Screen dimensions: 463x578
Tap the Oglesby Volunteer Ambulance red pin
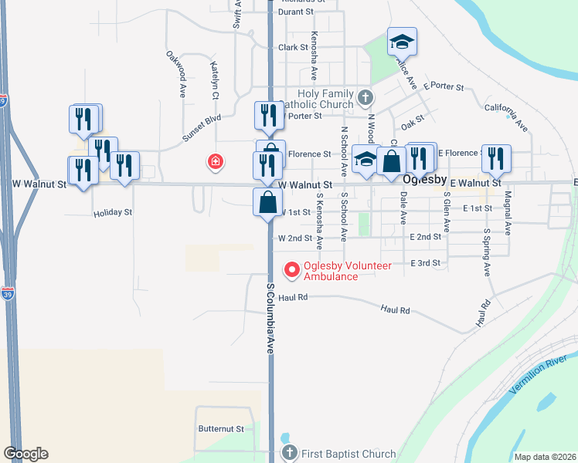[x=292, y=270]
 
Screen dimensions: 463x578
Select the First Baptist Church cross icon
[x=289, y=453]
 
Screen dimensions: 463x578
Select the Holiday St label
[x=113, y=212]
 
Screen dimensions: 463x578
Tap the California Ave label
[x=506, y=115]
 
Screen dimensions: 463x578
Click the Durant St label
[x=296, y=12]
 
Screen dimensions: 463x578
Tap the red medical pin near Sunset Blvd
[x=216, y=161]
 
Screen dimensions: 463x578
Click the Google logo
[x=25, y=454]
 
